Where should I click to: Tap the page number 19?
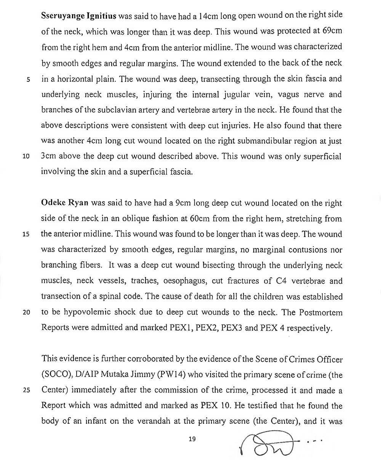point(192,439)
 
